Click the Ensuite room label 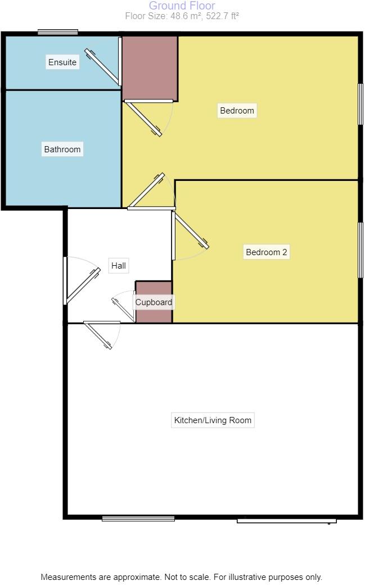[62, 62]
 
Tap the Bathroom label [62, 149]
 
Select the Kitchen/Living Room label [213, 420]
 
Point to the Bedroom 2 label [266, 252]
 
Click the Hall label [118, 266]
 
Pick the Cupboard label [154, 302]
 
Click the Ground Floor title [182, 6]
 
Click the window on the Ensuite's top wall [58, 32]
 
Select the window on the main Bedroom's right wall [361, 104]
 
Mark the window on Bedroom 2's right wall [361, 250]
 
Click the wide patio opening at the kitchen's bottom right [286, 521]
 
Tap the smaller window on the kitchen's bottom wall [138, 519]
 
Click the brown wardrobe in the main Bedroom [150, 68]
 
